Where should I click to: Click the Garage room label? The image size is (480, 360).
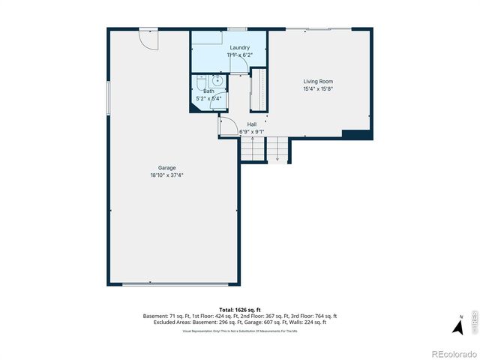tap(166, 167)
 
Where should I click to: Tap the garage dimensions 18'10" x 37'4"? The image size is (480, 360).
tap(166, 175)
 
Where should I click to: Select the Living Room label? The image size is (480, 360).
tap(318, 81)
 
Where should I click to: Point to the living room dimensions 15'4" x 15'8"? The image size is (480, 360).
tap(318, 88)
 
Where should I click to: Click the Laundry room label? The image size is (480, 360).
tap(239, 48)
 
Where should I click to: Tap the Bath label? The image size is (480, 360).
tap(208, 91)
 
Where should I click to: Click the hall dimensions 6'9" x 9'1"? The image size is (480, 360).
tap(252, 132)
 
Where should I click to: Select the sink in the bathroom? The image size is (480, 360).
tap(217, 82)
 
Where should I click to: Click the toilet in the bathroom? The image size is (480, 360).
tap(200, 83)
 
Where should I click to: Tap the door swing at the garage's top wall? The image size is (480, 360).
tap(148, 39)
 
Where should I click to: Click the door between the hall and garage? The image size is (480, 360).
tap(225, 127)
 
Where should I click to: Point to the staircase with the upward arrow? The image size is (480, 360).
tap(253, 149)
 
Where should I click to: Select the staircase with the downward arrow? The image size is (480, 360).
tap(278, 149)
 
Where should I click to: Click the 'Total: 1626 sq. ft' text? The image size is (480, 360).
tap(239, 309)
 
